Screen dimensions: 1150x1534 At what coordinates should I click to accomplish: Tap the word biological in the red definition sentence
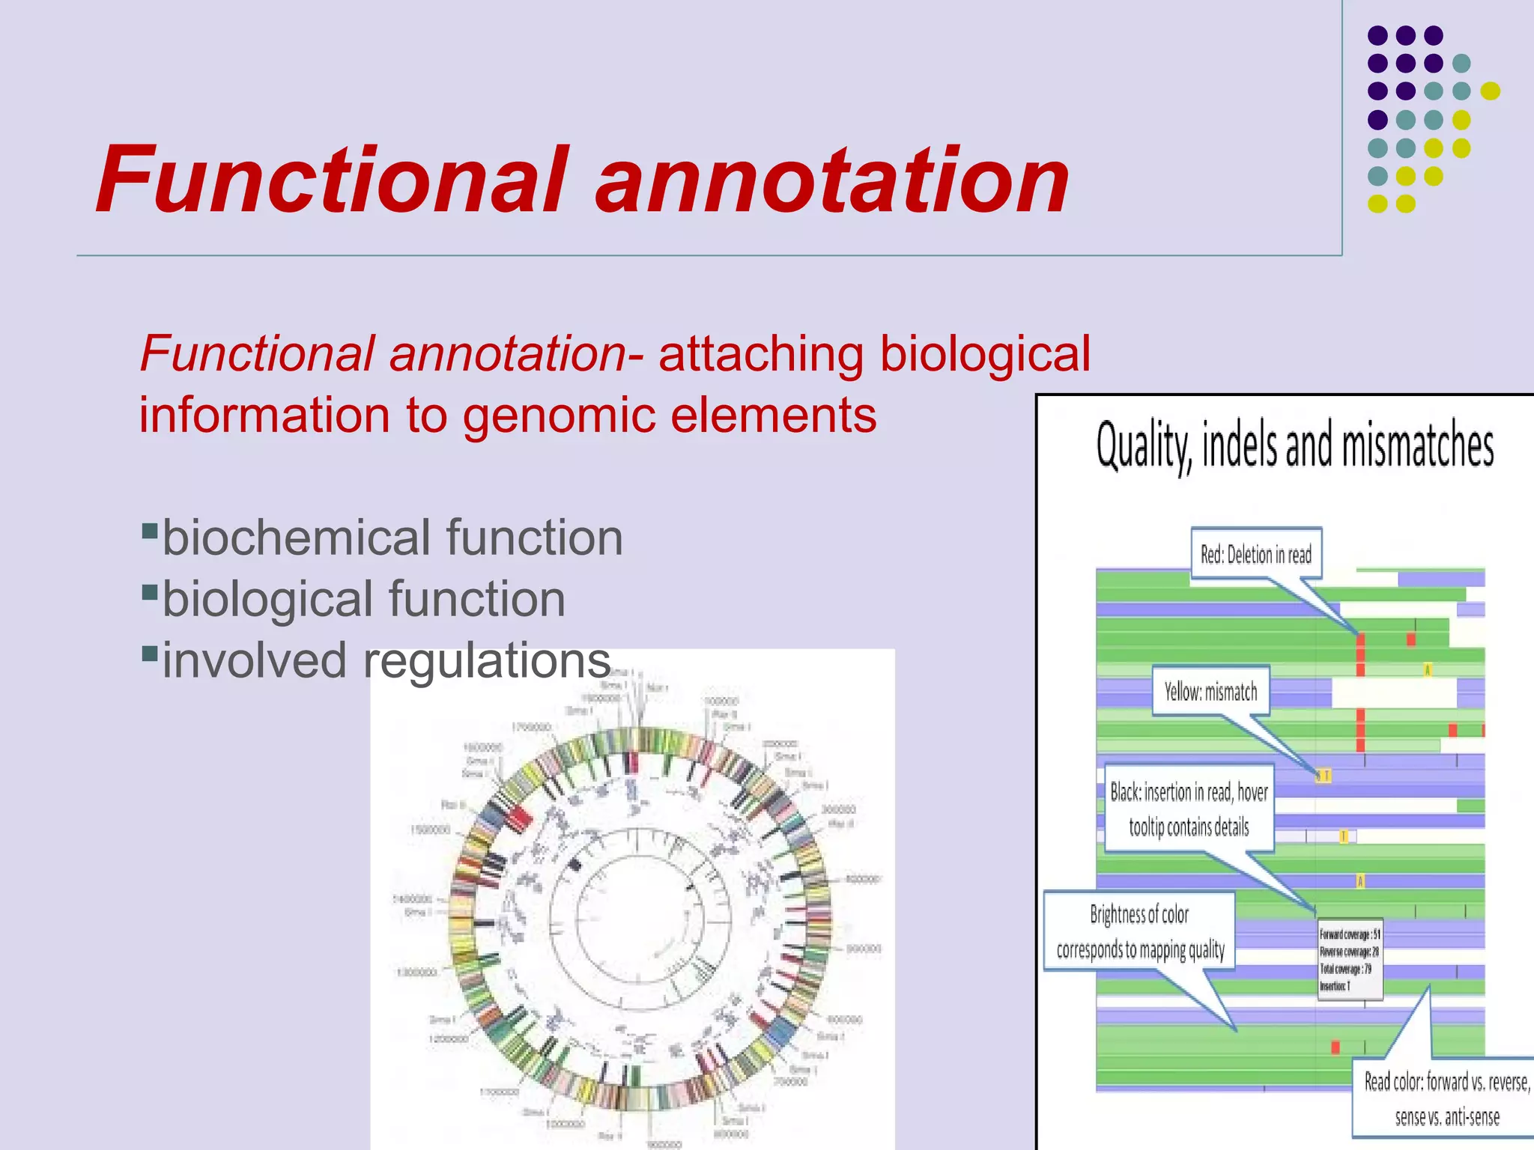[985, 353]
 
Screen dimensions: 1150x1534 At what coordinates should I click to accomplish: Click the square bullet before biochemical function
[149, 532]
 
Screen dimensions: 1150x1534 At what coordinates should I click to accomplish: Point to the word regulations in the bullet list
[487, 661]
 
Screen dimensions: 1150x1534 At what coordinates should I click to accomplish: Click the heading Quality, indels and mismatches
[1294, 445]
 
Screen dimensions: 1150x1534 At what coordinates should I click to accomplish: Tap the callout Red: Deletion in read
[1256, 555]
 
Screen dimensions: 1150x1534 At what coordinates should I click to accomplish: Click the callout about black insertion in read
[1189, 809]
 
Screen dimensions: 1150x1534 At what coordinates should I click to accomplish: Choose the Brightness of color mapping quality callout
[1139, 931]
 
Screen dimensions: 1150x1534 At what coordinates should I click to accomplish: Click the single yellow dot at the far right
[1490, 91]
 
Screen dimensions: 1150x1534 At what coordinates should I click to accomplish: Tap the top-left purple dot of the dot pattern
[1377, 35]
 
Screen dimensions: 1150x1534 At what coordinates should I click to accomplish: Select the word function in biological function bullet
[476, 599]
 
